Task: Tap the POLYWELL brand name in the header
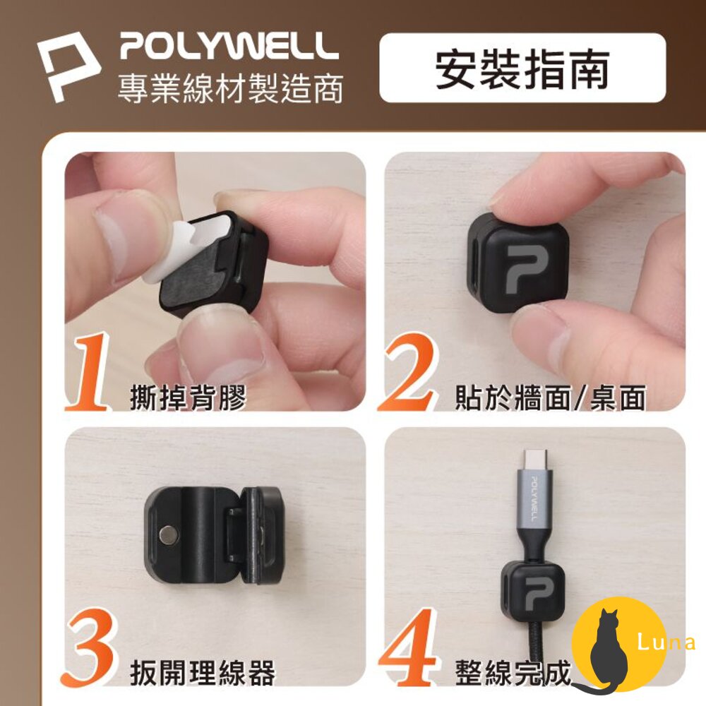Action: (229, 46)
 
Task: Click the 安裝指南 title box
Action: (522, 68)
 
